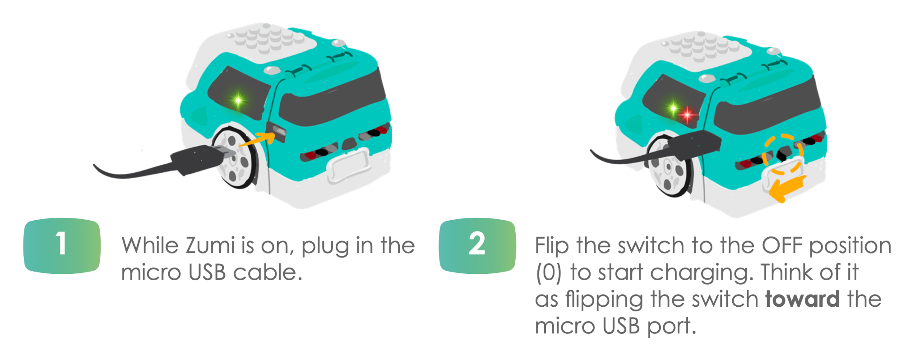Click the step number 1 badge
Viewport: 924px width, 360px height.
pos(62,246)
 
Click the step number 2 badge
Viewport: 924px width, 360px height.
pos(477,246)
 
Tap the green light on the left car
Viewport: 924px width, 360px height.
pos(238,100)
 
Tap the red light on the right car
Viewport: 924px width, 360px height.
pos(687,115)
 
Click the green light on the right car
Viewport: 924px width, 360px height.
pos(673,108)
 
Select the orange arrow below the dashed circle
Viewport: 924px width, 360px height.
pos(787,189)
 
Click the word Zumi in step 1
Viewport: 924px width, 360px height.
pos(210,246)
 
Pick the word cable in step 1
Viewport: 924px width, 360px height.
pos(267,272)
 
